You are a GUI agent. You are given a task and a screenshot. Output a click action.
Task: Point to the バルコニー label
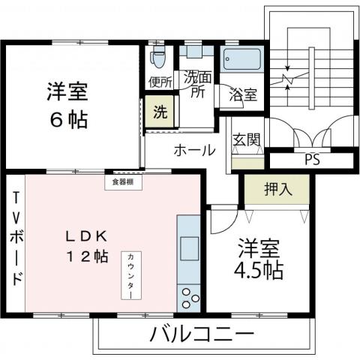point(202,332)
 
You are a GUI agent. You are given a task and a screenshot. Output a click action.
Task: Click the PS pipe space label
point(310,159)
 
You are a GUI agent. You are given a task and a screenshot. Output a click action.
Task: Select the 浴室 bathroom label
point(244,95)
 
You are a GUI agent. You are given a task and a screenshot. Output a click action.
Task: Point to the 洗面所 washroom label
point(197,83)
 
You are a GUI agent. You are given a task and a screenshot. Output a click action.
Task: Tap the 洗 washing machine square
point(160,113)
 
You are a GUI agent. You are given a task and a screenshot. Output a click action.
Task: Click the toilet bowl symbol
point(158,57)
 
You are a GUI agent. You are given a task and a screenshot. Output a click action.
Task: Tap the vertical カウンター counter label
point(130,274)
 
